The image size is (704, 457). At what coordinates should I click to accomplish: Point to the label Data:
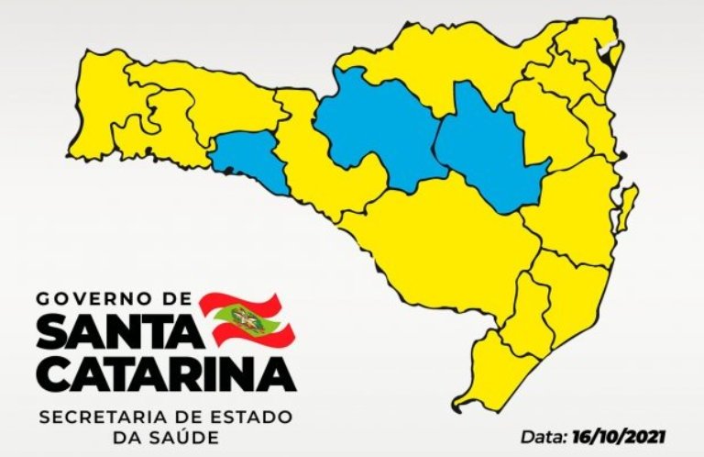tap(540, 435)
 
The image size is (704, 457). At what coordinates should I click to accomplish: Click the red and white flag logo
tap(246, 318)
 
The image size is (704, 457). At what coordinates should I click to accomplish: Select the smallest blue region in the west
tap(252, 160)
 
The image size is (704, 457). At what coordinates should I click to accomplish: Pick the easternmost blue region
tap(490, 147)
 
